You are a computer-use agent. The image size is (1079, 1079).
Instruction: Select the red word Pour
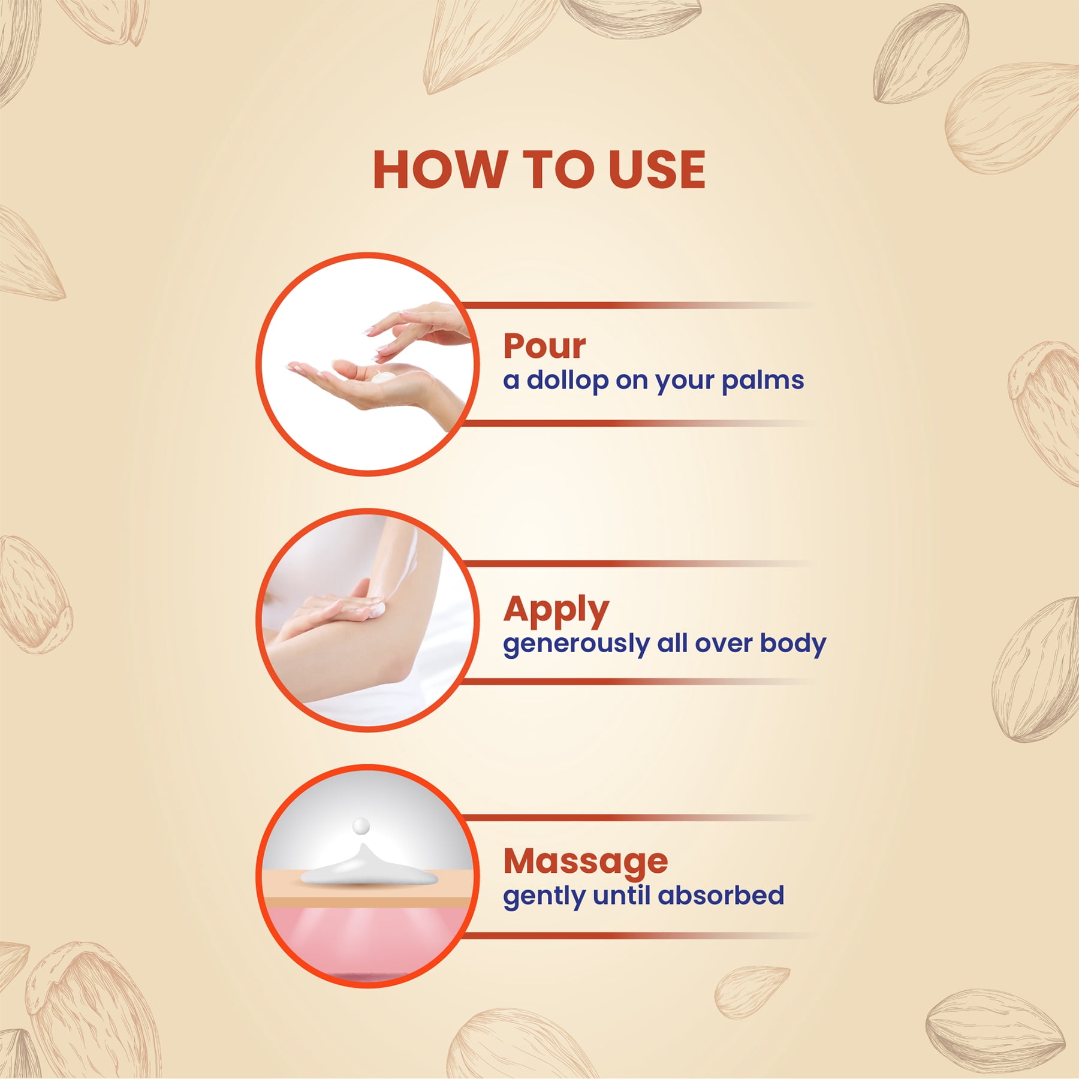coord(544,346)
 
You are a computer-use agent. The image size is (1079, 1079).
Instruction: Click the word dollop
coord(567,381)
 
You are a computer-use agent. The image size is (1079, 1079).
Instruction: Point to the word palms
coord(762,381)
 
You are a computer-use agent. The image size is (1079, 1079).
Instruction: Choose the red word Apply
coord(556,611)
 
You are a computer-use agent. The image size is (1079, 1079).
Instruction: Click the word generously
coord(576,644)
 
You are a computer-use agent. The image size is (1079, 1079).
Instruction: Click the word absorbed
coord(721,896)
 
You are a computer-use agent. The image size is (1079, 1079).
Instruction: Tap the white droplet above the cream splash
coord(361,826)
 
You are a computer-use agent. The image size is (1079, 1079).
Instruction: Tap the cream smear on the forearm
coord(376,611)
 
